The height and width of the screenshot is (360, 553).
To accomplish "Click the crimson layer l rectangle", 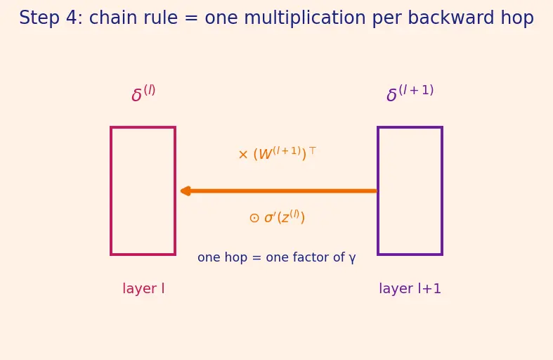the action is tap(111, 191).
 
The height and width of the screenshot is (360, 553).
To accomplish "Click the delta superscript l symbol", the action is tap(143, 94).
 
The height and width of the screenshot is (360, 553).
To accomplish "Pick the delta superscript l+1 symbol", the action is tap(410, 94).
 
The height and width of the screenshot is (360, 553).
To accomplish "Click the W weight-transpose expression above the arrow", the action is tap(278, 153).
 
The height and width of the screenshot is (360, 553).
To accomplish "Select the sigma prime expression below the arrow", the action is tap(277, 217).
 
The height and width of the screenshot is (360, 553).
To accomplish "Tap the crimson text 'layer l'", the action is tap(143, 289).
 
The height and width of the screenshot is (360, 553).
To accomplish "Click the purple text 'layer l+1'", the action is tap(410, 289).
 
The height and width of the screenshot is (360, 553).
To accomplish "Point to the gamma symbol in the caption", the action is tap(352, 258).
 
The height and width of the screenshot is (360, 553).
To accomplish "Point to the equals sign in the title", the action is tap(191, 18).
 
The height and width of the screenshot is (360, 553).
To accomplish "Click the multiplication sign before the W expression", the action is tap(243, 155).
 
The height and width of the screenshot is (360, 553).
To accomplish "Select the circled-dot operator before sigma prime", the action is tap(254, 218).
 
